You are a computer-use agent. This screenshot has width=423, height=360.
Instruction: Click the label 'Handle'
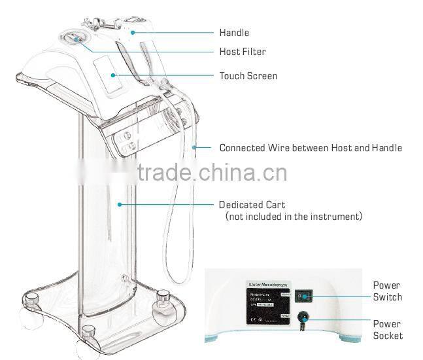pos(233,33)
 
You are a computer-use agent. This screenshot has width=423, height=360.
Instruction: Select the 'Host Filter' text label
pos(242,52)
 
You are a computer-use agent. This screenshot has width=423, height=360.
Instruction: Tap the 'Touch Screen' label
pos(248,76)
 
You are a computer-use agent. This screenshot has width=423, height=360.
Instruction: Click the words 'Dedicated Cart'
pos(252,205)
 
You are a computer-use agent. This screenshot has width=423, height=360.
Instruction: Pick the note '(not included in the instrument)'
pos(294,216)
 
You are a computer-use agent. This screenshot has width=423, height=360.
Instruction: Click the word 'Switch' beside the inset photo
pos(387,297)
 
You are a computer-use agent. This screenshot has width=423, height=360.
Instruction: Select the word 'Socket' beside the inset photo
pos(387,336)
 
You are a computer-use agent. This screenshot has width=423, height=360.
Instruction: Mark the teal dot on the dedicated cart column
pos(120,204)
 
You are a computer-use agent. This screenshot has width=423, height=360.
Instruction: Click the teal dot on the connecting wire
pos(194,147)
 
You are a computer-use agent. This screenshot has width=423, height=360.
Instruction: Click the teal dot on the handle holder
pos(132,31)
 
